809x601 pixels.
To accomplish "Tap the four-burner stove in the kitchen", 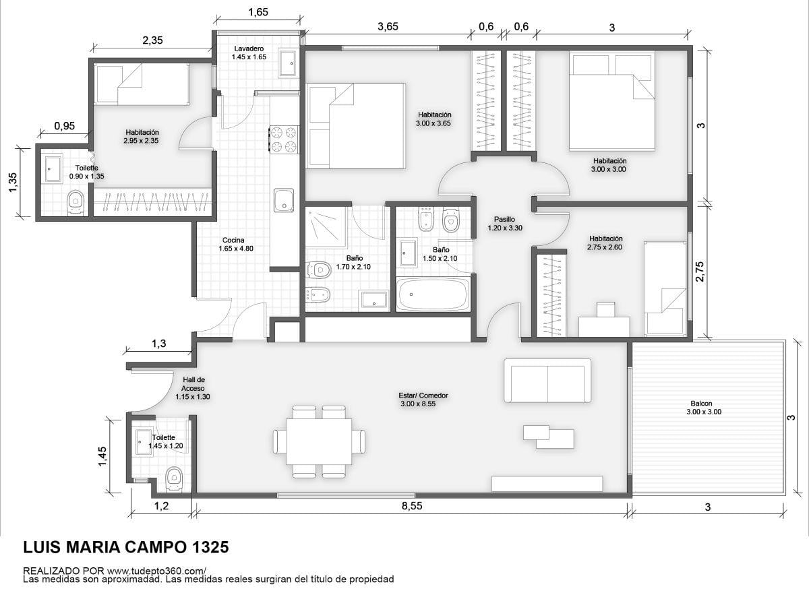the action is click(x=284, y=139).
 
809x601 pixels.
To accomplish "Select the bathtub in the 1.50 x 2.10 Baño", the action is click(x=433, y=294).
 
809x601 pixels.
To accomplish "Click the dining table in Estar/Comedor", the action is click(x=319, y=441).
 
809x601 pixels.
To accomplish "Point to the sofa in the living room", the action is click(x=547, y=381).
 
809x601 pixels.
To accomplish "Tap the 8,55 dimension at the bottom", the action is click(x=412, y=506).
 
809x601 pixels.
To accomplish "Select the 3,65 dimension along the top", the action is click(x=388, y=27).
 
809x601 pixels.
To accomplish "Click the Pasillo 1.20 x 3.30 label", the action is click(x=505, y=224).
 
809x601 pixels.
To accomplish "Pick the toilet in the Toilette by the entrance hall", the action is click(x=174, y=480).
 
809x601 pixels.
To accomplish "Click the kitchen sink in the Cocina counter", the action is click(x=284, y=200).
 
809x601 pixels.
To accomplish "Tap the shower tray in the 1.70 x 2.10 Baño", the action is click(x=326, y=228).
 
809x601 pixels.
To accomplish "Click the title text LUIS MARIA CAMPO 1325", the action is click(x=126, y=547).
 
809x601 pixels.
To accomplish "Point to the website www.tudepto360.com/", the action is click(x=156, y=571).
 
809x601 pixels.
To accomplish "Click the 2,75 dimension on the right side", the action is click(x=700, y=272).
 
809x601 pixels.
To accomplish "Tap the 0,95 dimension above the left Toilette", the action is click(x=65, y=126).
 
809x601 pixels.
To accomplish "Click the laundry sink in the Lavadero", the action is click(x=289, y=63).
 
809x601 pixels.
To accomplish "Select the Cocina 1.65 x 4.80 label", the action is click(x=236, y=245).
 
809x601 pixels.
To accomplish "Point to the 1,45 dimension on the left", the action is click(x=102, y=457).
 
